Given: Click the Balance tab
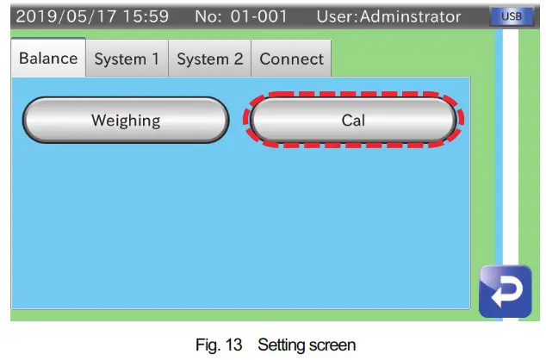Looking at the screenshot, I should (48, 59).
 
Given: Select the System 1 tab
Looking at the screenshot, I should (127, 59).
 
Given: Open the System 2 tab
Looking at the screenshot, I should (210, 59).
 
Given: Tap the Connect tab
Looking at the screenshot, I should (291, 59).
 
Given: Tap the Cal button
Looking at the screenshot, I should (353, 121).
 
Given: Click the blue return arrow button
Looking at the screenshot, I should (506, 291).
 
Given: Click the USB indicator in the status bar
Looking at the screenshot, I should (511, 16).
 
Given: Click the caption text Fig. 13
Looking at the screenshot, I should (210, 344).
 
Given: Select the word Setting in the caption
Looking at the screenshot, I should (268, 344).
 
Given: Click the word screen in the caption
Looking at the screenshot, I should (326, 344).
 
